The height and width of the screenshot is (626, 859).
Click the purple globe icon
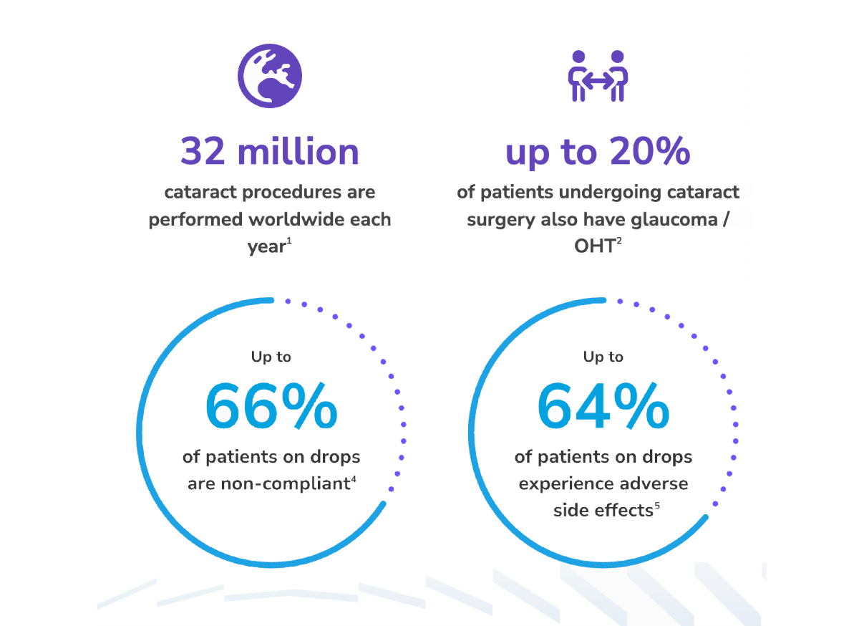[270, 75]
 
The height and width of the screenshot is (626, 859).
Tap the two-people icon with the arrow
[598, 75]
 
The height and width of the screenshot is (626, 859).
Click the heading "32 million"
[270, 152]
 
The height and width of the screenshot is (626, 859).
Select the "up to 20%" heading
[598, 152]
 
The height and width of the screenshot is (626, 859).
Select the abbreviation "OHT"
[593, 246]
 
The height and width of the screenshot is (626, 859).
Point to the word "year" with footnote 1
[265, 246]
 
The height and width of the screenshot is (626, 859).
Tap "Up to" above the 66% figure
[271, 357]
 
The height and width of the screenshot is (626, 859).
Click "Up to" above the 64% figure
[603, 357]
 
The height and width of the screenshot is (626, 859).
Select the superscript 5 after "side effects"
[656, 506]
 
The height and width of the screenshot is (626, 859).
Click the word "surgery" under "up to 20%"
[498, 219]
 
